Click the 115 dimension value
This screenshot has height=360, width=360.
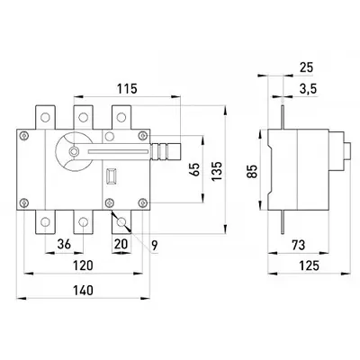point(127,88)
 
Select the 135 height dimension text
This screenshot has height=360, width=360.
point(217,171)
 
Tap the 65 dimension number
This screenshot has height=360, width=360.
point(194,170)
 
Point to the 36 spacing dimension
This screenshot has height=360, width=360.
point(64,244)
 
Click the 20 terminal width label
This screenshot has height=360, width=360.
point(121,244)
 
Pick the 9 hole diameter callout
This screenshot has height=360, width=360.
point(154,246)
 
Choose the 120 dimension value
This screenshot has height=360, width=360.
point(83,265)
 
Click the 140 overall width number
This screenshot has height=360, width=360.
point(83,290)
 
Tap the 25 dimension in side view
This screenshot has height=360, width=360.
point(306,67)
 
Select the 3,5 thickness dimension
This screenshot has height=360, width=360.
point(308,89)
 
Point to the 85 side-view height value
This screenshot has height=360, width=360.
point(253,171)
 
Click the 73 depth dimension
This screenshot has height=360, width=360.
point(298,245)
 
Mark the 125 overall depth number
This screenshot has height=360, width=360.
point(310,265)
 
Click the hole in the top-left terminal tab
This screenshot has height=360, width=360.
point(45,117)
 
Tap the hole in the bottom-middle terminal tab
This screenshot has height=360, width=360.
point(83,222)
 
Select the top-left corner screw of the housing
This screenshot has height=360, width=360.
point(23,135)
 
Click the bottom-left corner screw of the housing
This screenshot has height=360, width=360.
point(24,203)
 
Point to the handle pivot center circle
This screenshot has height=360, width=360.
point(73,152)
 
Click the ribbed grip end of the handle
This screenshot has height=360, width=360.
point(166,152)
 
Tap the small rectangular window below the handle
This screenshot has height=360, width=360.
point(112,175)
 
